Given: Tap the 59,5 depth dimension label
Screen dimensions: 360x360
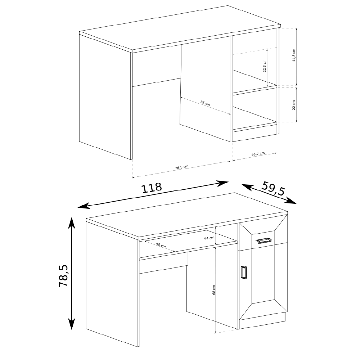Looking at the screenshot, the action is coord(273,189).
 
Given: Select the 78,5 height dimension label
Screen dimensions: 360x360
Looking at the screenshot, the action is coord(64,275).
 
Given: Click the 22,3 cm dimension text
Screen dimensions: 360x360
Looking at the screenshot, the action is coord(265,66).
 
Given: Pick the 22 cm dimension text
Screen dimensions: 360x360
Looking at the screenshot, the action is coord(294,105).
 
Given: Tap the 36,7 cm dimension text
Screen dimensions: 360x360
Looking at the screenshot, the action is coord(258,154).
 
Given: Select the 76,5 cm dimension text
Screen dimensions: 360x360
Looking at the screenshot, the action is coord(181,167).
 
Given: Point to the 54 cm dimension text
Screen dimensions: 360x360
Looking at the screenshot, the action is coord(209,238).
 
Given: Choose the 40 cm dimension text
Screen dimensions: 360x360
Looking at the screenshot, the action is coord(161,245).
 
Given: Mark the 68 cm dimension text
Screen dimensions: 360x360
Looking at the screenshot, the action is coord(214,290).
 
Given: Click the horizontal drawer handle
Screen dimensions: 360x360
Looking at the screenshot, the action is coord(264,240).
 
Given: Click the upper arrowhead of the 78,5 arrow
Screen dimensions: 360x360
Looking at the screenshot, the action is coord(72,223).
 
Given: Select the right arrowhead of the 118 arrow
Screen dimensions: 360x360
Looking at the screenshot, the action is coord(223,184).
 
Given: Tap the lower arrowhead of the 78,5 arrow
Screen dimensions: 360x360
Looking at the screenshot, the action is coord(72,324).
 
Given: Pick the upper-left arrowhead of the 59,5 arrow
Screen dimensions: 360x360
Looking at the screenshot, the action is coord(247,186).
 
